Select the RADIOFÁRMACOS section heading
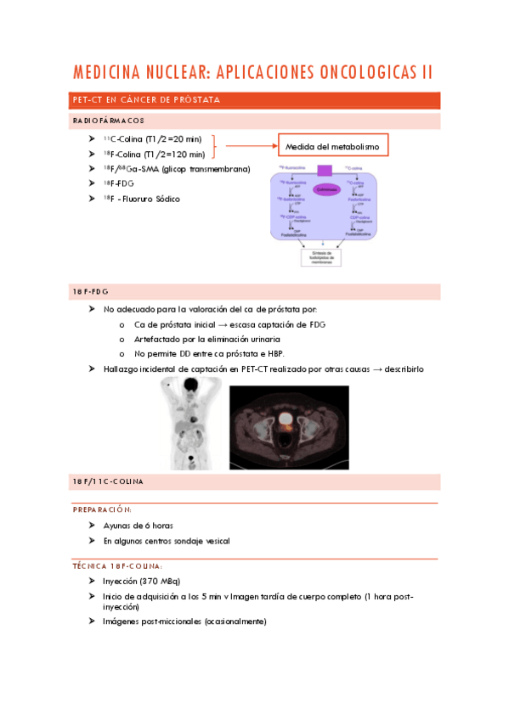(108, 121)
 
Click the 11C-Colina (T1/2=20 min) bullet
(154, 139)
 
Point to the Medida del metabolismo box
(333, 147)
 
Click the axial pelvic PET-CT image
(289, 427)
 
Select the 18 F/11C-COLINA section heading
(108, 482)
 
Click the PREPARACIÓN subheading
(101, 509)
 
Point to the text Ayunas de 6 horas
(139, 526)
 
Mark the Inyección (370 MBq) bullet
(140, 582)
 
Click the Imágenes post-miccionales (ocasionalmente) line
(184, 621)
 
